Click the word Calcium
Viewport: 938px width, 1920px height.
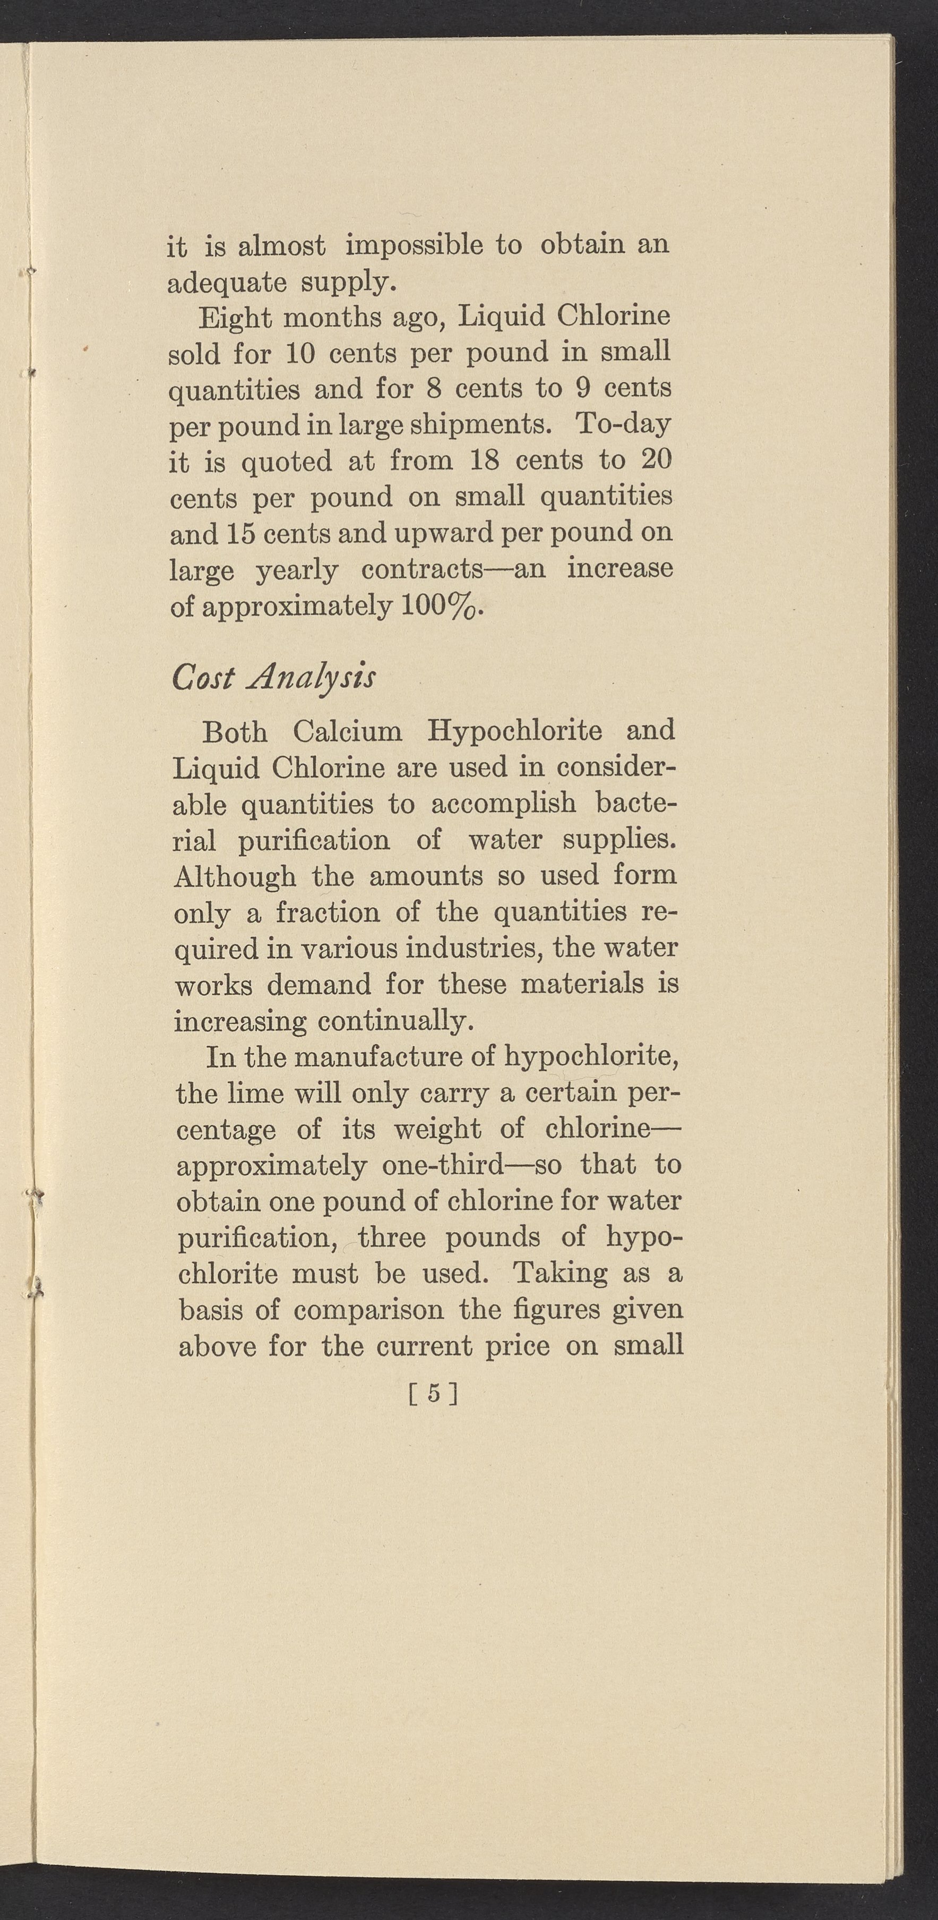coord(347,731)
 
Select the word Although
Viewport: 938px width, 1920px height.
coord(234,876)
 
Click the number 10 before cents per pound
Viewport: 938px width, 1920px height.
coord(301,353)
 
